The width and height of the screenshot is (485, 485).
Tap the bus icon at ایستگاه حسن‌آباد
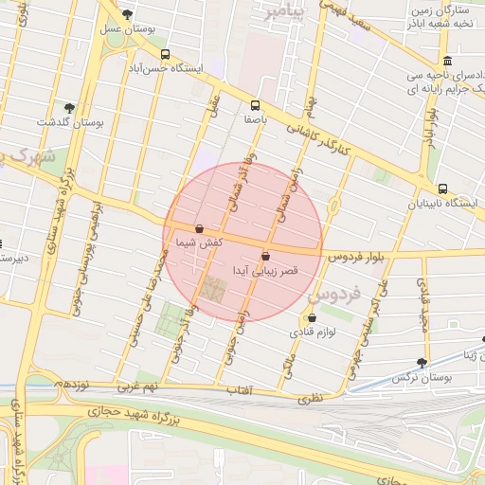[167, 54]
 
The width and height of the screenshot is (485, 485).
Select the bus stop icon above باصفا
[255, 105]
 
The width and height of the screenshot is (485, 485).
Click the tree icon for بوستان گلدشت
[69, 107]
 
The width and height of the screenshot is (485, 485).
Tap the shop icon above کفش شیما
[199, 228]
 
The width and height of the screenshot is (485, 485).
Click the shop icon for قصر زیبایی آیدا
[265, 256]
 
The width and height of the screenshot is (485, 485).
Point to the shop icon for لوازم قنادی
[313, 318]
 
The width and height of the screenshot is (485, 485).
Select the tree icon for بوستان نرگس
[422, 361]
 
